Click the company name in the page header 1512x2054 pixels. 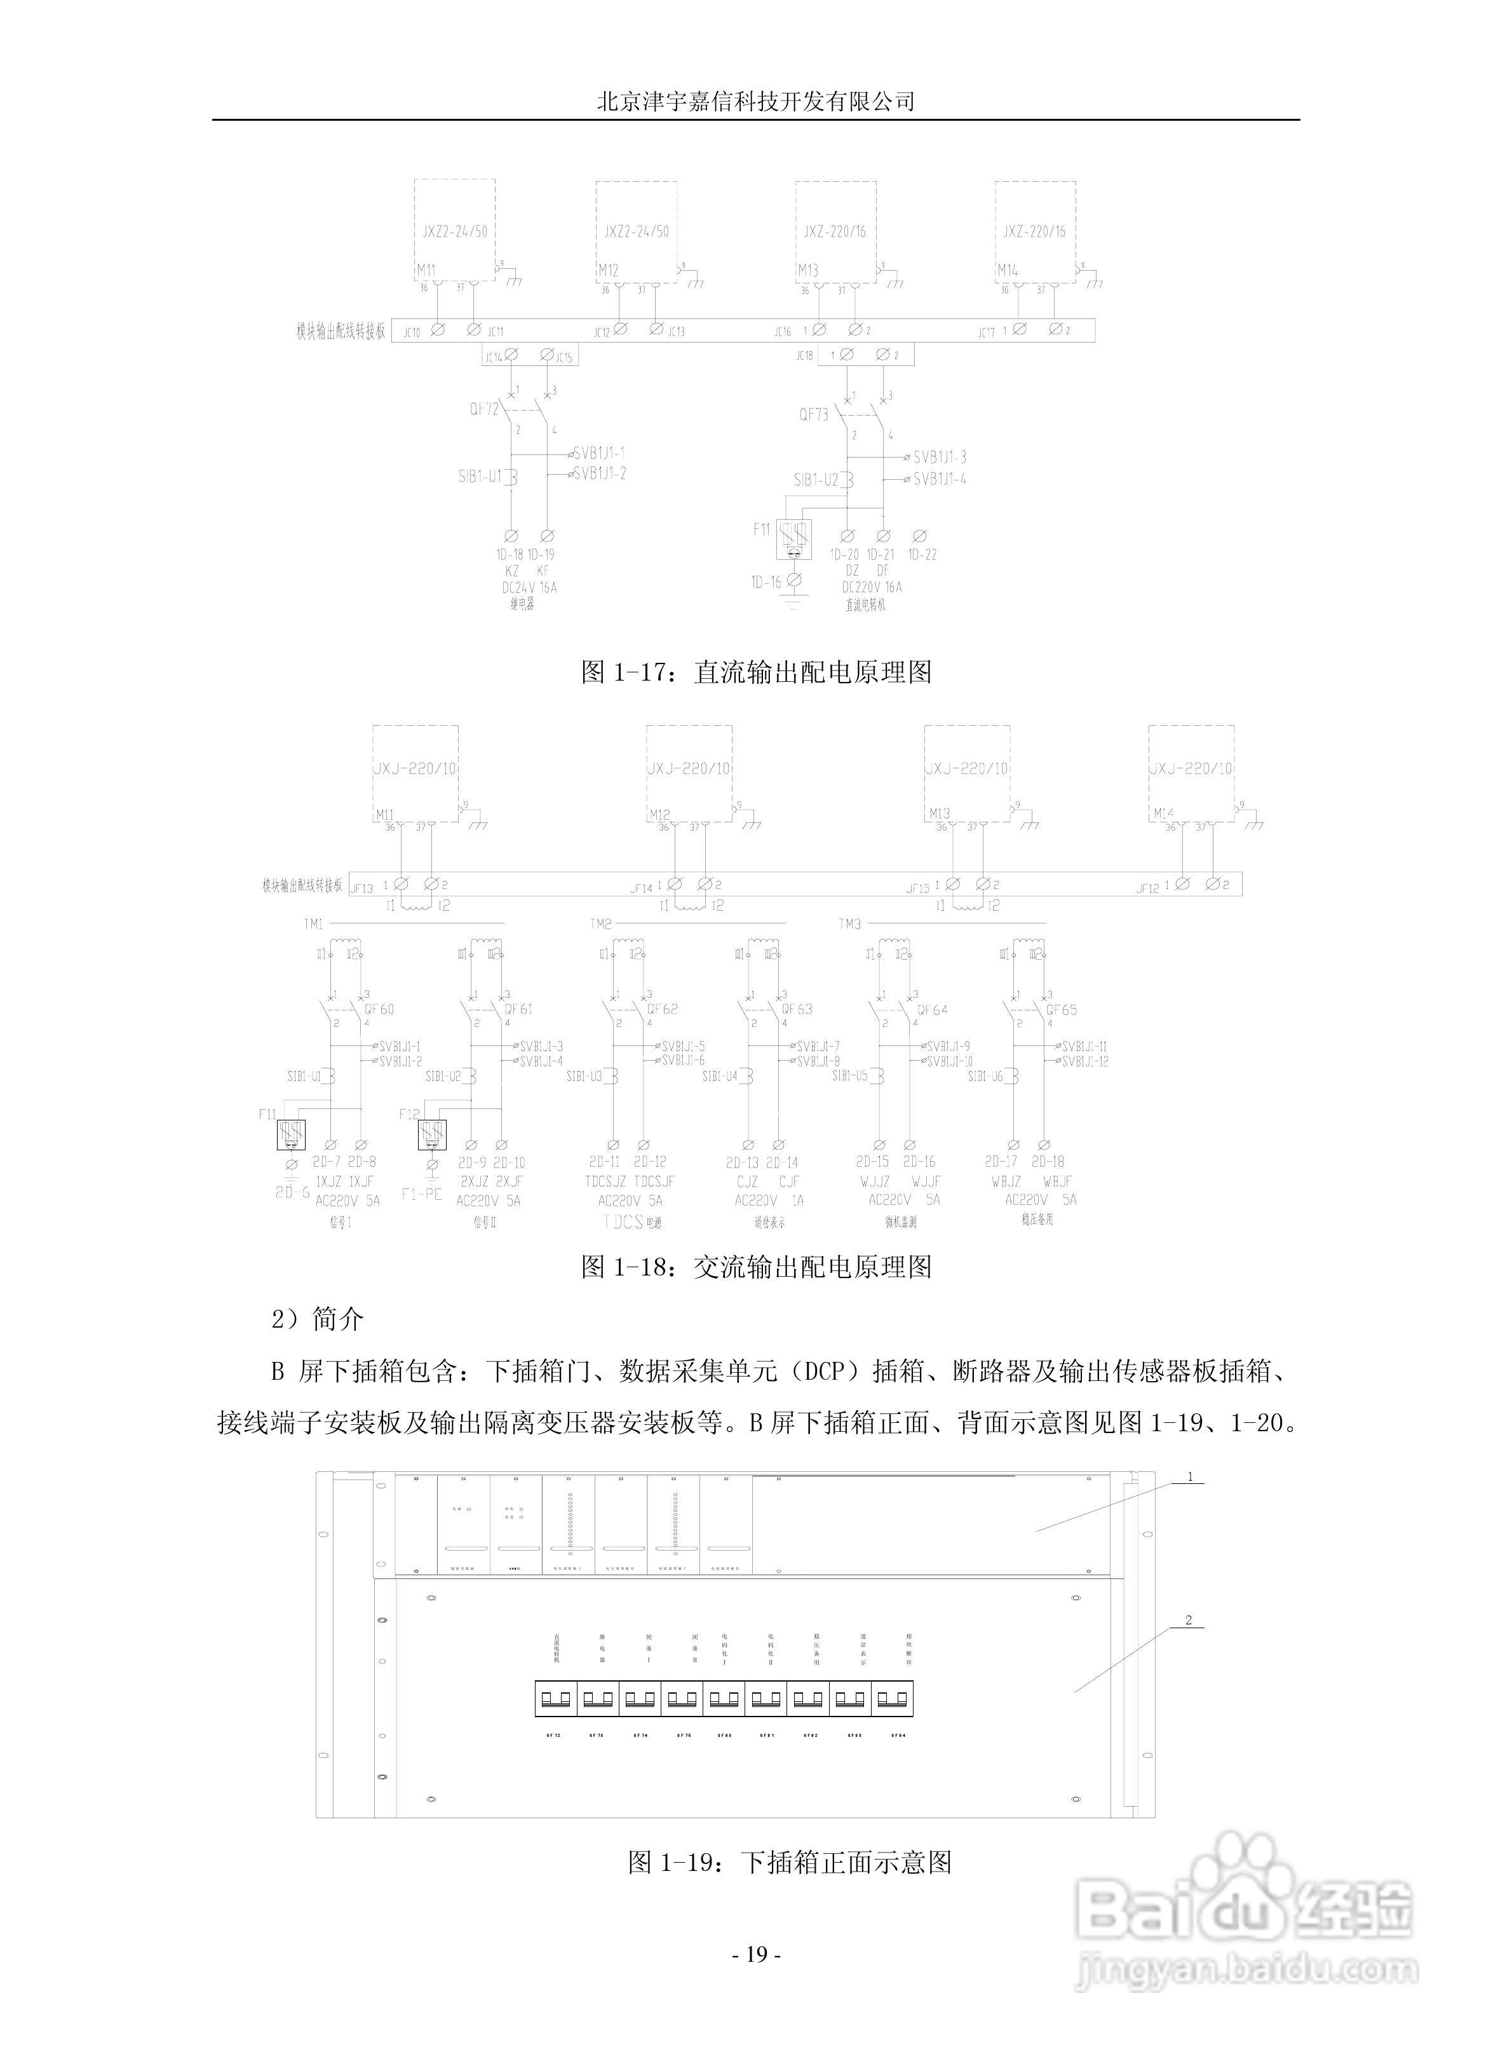(x=755, y=100)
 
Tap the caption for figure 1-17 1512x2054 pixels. (x=756, y=673)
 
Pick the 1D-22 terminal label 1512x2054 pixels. (x=922, y=555)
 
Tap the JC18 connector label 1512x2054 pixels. (x=804, y=355)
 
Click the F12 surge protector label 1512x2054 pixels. (x=409, y=1114)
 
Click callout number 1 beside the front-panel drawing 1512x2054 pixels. (x=1190, y=1476)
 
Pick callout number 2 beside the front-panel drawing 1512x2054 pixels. (x=1189, y=1620)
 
